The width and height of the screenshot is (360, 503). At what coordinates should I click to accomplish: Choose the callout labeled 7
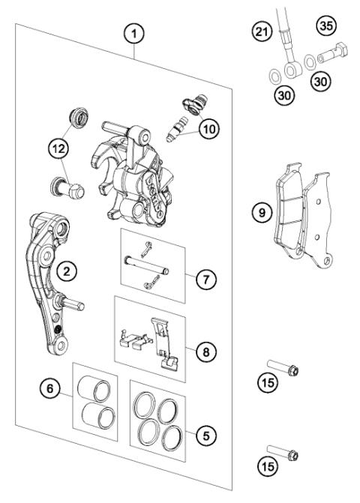pos(205,278)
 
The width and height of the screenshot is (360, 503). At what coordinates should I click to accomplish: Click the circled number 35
pos(325,26)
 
